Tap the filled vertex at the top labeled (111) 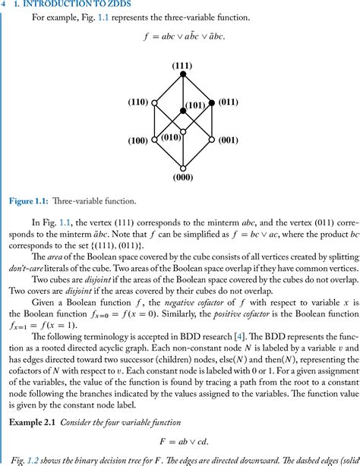182,74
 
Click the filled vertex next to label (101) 182,112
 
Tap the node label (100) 138,140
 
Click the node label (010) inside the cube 171,137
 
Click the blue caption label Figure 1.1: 30,201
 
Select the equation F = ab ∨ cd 182,439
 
